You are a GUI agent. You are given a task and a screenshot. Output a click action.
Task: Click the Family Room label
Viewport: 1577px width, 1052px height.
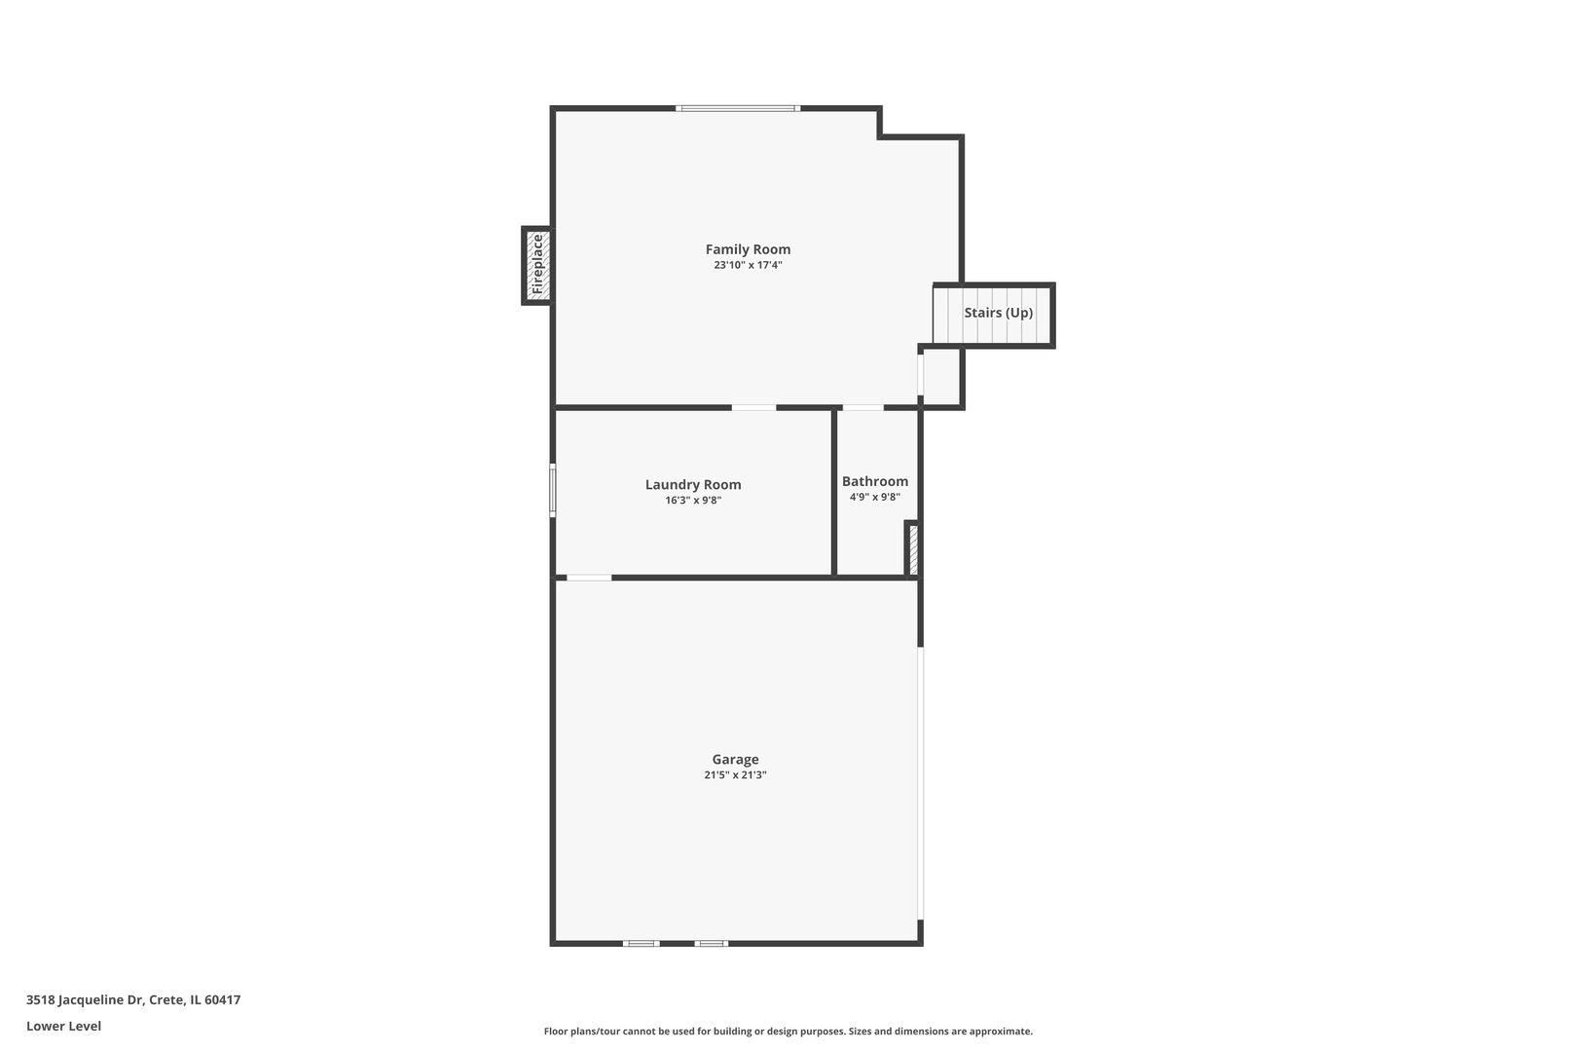click(x=748, y=249)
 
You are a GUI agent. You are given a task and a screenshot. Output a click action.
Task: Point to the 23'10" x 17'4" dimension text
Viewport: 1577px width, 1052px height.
click(x=748, y=265)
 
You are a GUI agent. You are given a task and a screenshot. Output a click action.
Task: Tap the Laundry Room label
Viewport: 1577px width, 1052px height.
click(x=693, y=484)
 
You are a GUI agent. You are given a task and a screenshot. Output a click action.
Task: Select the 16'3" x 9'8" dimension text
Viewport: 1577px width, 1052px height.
click(x=693, y=501)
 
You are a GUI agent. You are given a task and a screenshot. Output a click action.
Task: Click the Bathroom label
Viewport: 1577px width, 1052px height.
click(x=875, y=481)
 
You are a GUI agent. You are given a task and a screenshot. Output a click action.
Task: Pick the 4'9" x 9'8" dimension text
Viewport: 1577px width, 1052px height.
click(x=875, y=497)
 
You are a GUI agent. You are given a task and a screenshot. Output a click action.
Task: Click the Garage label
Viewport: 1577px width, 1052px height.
click(x=735, y=760)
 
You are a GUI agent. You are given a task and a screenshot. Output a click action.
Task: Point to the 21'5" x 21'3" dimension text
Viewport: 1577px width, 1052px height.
click(x=735, y=775)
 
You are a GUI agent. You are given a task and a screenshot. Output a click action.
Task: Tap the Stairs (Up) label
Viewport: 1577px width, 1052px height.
click(x=998, y=313)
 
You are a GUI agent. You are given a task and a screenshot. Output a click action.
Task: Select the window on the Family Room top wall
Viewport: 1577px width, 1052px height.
click(x=738, y=108)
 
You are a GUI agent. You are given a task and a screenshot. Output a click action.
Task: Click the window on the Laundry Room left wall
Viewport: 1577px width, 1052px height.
click(x=553, y=490)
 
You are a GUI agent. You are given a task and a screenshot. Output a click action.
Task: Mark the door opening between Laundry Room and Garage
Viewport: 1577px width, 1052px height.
click(x=589, y=578)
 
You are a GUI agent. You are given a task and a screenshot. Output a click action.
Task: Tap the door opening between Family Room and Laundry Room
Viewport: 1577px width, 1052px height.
click(x=753, y=407)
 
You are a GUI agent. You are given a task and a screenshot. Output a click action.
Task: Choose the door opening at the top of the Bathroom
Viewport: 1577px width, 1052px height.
click(x=862, y=407)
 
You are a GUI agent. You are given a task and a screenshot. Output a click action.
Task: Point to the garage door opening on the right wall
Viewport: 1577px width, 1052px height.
click(x=921, y=783)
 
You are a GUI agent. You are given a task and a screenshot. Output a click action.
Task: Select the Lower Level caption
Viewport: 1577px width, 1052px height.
click(x=64, y=1026)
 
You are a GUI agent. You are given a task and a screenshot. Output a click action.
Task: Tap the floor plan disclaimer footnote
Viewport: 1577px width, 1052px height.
click(x=788, y=1032)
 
